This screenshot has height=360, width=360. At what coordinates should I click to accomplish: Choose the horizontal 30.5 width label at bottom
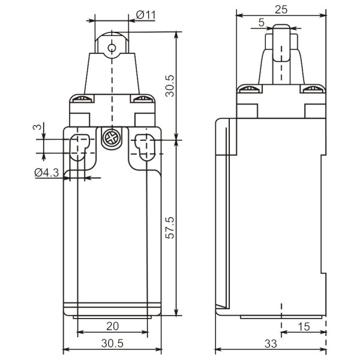coord(112,344)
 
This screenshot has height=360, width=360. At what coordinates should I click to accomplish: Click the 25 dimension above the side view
coord(281,10)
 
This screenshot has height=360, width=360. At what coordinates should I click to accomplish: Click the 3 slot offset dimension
coord(37,127)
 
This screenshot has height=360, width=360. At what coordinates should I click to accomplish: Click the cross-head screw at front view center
coord(111,138)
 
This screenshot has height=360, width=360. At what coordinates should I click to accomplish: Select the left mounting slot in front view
coord(80,147)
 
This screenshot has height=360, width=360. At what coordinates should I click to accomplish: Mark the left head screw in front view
coord(82,100)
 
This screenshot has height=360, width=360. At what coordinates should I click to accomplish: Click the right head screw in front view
coord(142,100)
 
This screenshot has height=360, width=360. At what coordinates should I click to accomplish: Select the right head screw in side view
coord(311,90)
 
